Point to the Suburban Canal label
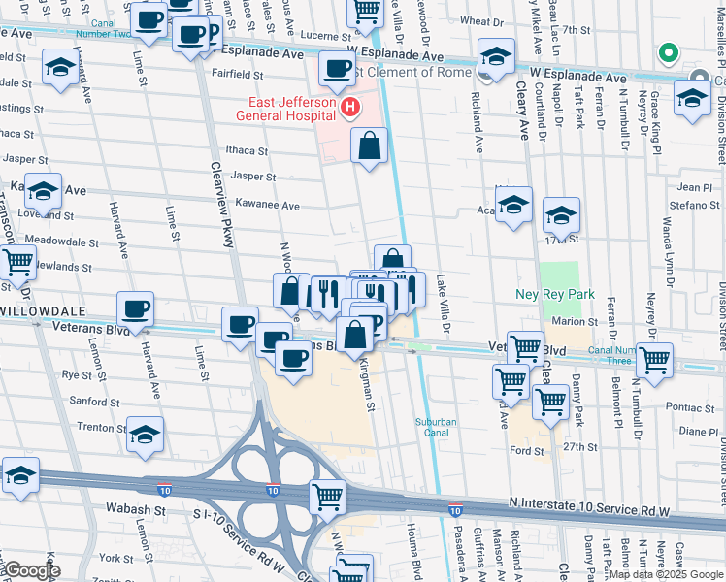(435, 427)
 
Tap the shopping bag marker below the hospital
(370, 147)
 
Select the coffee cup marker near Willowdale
(136, 309)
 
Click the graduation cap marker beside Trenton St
(145, 435)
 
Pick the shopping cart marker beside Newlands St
(17, 261)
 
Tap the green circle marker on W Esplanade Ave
(666, 52)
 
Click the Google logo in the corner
(33, 570)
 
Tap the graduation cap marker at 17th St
(561, 215)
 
